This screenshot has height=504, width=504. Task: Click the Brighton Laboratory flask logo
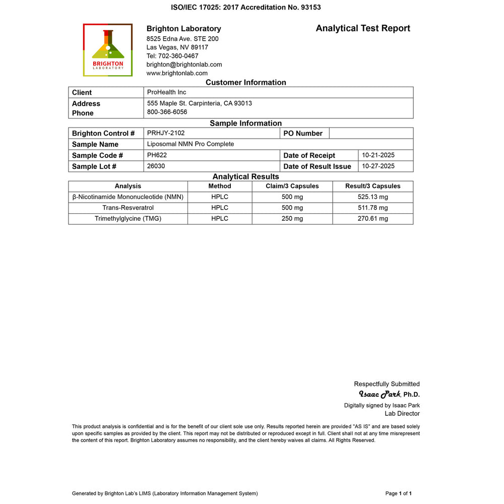coord(107,50)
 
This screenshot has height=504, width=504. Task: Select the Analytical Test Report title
coord(363,28)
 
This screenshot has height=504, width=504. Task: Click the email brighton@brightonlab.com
coord(184,65)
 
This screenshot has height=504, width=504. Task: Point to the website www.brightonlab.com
coord(177,73)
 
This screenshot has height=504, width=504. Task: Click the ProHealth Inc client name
coord(166,92)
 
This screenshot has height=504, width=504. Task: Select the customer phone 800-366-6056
coord(167,112)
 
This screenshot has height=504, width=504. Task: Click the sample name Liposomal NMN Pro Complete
coord(191,144)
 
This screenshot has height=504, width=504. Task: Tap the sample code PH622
coord(157,155)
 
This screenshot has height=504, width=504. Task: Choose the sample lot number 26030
coord(156,166)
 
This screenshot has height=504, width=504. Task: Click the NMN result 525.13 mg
coord(373,197)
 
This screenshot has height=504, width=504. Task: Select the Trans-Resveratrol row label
coord(128,208)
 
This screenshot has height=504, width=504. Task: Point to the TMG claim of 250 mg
coord(292,219)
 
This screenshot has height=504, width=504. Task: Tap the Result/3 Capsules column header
coord(373,186)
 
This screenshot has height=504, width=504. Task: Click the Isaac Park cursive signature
coord(380,394)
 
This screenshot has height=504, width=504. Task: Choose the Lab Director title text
coord(402,414)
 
